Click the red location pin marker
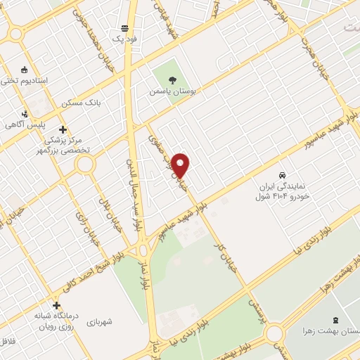pyautogui.click(x=181, y=165)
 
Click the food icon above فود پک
pyautogui.click(x=125, y=28)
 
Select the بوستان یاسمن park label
pyautogui.click(x=175, y=91)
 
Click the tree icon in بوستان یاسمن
pyautogui.click(x=174, y=79)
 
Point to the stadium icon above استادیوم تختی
pyautogui.click(x=25, y=69)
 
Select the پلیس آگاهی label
pyautogui.click(x=25, y=124)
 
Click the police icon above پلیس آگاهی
pyautogui.click(x=25, y=113)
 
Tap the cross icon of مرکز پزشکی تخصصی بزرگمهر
pyautogui.click(x=63, y=129)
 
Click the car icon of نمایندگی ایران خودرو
pyautogui.click(x=282, y=174)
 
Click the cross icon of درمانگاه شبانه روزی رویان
pyautogui.click(x=57, y=306)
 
